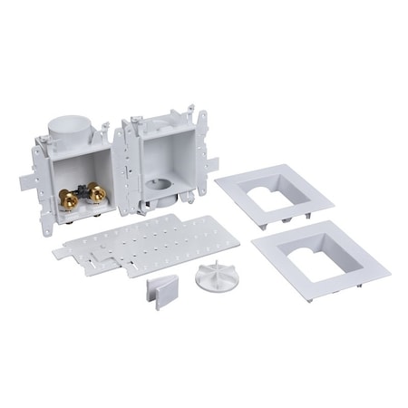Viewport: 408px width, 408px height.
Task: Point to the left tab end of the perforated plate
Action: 61,246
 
